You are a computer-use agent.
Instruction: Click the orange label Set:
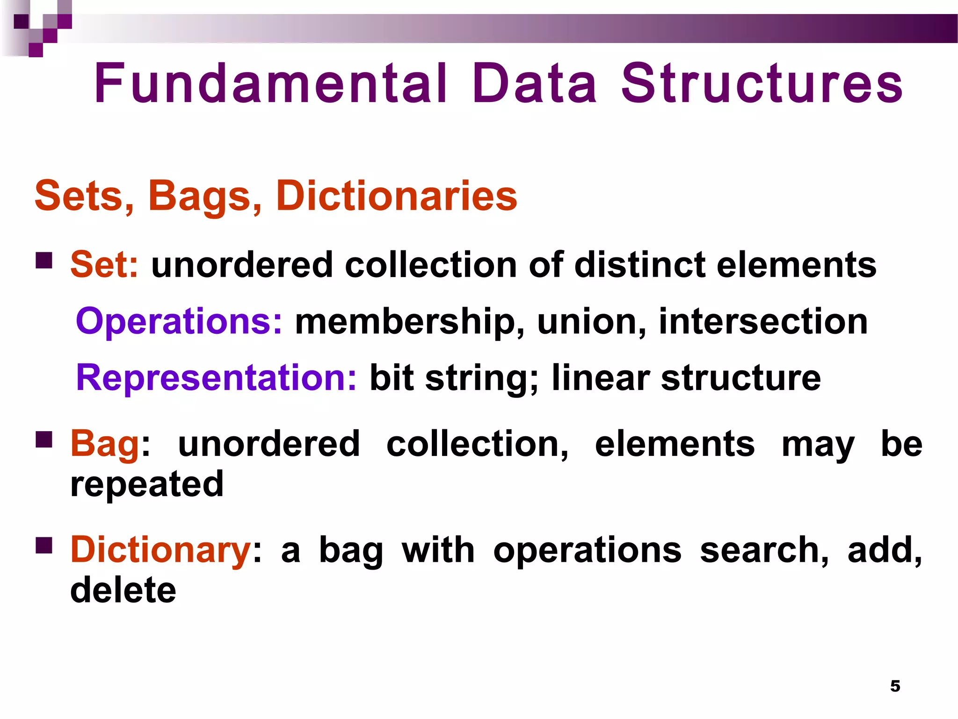click(x=104, y=265)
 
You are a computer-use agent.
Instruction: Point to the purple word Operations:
click(x=179, y=322)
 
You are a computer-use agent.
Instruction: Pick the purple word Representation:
click(x=216, y=378)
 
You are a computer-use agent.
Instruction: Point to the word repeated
click(x=147, y=485)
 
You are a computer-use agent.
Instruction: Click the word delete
click(x=123, y=590)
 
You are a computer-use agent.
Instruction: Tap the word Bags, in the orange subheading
click(x=205, y=197)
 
